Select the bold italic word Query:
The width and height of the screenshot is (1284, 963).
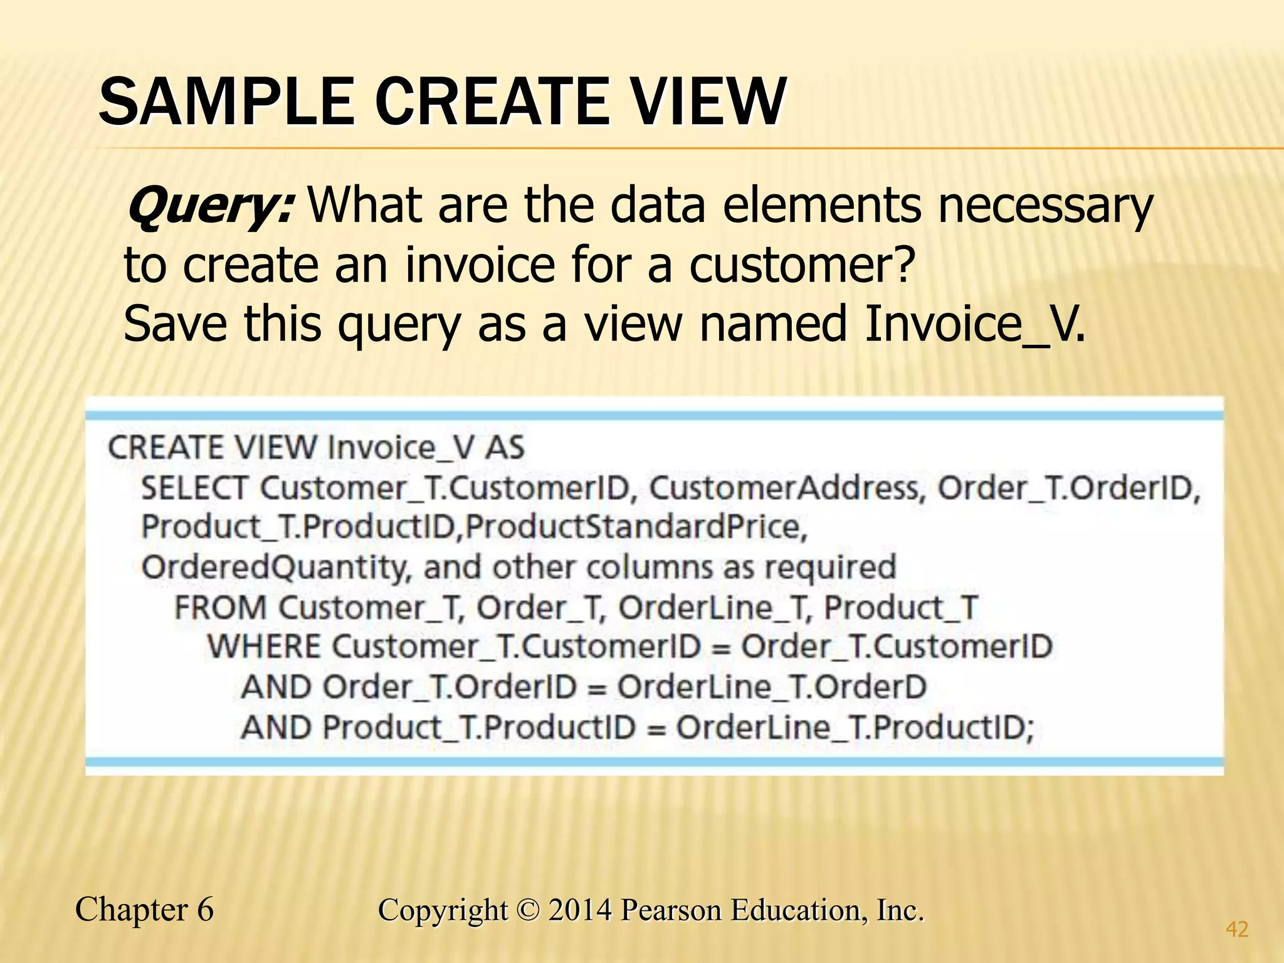tap(209, 206)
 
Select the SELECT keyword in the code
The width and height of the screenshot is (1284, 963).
tap(194, 488)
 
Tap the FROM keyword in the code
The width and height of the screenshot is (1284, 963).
tap(221, 608)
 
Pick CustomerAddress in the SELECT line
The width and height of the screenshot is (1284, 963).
tap(787, 488)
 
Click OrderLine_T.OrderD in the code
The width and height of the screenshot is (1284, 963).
tap(772, 687)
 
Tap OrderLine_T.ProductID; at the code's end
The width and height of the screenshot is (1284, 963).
tap(855, 728)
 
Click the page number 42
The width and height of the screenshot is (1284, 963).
tap(1237, 929)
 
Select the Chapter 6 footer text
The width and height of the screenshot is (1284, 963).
tap(144, 910)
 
